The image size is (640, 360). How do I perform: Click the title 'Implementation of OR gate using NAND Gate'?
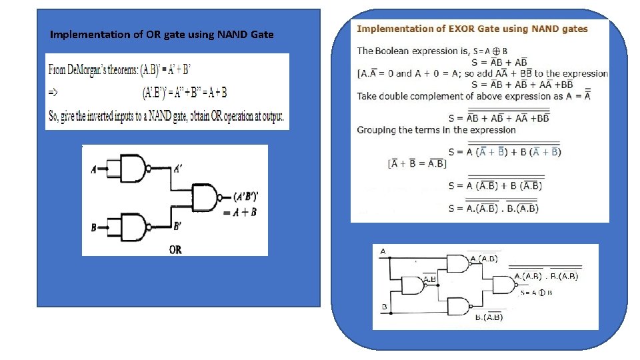coord(162,35)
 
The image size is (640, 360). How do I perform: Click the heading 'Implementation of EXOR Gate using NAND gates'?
coord(473,29)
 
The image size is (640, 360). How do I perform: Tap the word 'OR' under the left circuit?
coord(175,250)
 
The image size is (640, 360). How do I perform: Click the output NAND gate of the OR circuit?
coord(206,198)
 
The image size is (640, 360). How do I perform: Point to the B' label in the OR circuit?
coord(177,227)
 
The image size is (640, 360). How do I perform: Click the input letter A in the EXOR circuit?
coord(383,251)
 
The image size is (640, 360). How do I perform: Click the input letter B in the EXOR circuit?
coord(385,307)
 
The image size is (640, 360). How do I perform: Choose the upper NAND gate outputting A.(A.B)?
coord(459,265)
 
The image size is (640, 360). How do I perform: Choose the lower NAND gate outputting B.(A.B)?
coord(459,307)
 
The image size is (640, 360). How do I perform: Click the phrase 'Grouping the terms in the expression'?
coord(436,129)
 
